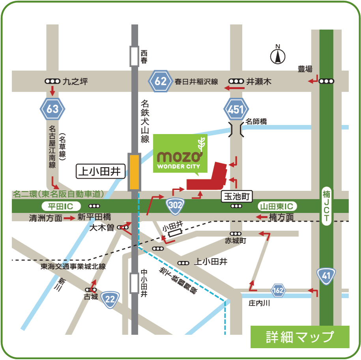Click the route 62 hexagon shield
(160, 82)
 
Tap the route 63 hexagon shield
(52, 109)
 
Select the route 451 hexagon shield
(236, 109)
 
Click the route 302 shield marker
(174, 204)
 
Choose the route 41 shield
(326, 276)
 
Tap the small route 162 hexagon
(278, 291)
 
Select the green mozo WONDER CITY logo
(180, 154)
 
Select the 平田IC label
(61, 206)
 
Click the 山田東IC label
(277, 206)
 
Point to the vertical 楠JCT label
(326, 205)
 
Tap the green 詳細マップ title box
(300, 337)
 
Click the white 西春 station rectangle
(135, 56)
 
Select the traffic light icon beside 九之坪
(52, 81)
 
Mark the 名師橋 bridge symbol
(236, 129)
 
